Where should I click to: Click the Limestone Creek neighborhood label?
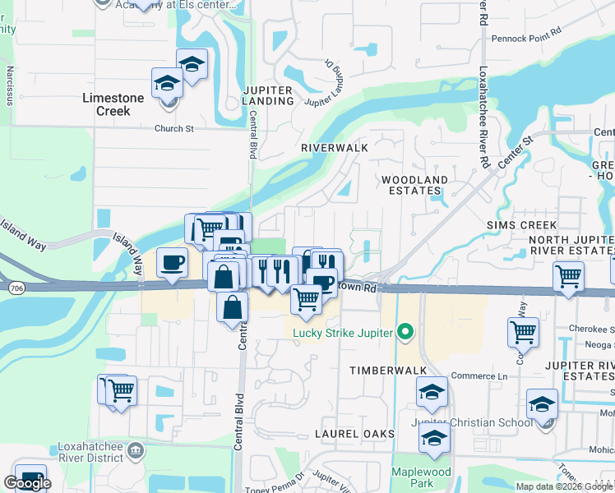pos(113,104)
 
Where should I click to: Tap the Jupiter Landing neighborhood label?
pos(268,95)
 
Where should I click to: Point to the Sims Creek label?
pos(521,225)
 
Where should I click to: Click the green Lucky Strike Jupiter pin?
pos(404,332)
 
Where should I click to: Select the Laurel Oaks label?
pos(356,433)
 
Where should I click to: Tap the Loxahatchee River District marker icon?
pos(136,449)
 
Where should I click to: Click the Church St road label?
pos(173,129)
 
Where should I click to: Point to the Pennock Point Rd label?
pos(525,38)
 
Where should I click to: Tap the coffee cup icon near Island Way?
pos(171,263)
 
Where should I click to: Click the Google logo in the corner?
pos(27,483)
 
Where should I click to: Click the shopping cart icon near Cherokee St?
pos(523,332)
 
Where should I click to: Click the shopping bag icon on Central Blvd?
pos(233,307)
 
